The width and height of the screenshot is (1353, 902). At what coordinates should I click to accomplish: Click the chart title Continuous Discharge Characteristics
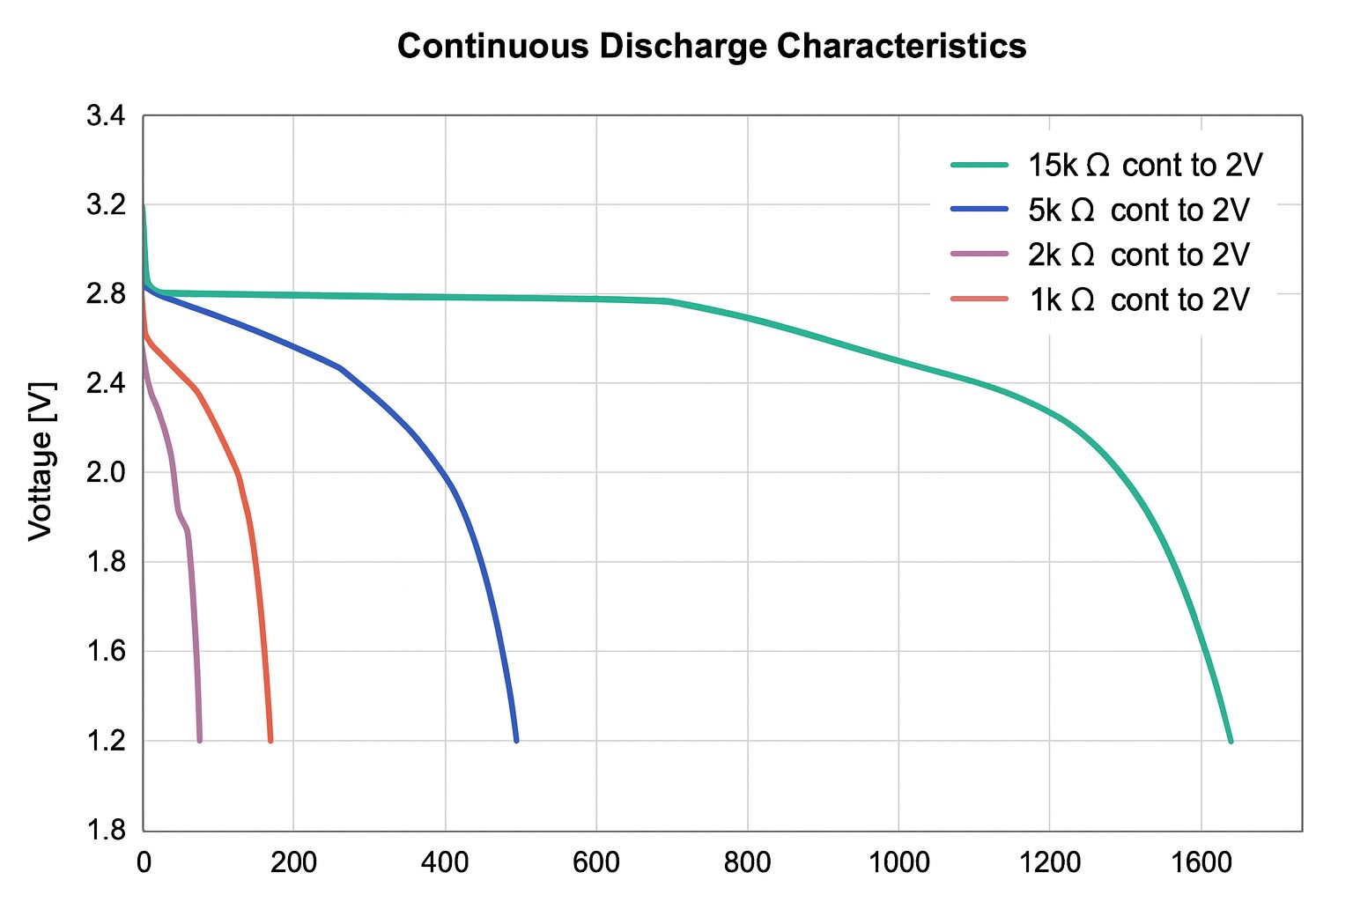coord(712,46)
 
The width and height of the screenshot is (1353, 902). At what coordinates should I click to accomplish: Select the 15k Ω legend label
coord(1145,165)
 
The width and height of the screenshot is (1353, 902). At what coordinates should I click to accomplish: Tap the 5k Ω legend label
coord(1138,211)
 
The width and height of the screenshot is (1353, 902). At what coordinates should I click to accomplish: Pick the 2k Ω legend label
coord(1138,255)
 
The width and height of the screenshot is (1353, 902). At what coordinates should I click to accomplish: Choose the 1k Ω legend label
coord(1139,300)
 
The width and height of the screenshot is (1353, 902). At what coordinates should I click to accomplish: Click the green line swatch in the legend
coord(979,165)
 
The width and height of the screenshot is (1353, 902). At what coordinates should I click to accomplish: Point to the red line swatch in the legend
coord(979,299)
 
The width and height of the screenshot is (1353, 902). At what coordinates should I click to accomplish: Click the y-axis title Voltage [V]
coord(41,461)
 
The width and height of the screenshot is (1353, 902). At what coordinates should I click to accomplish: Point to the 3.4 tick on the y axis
coord(106,116)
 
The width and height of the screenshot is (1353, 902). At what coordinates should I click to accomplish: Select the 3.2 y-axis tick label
coord(106,205)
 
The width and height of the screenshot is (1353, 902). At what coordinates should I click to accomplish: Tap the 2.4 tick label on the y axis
coord(106,383)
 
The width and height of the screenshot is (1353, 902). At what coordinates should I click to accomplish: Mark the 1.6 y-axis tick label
coord(106,652)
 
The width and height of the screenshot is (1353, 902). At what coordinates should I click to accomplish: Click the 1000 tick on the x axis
coord(898,862)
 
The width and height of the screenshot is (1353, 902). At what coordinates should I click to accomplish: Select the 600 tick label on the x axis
coord(596,862)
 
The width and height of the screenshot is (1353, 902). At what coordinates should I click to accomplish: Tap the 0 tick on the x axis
coord(144,862)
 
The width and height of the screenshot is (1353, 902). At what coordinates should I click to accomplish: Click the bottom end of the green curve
coord(1231,741)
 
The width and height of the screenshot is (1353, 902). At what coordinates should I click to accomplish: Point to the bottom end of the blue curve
coord(516,740)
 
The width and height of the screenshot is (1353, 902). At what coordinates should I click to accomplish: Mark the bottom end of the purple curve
coord(200,740)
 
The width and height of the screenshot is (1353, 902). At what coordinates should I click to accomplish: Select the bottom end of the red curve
coord(270,740)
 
